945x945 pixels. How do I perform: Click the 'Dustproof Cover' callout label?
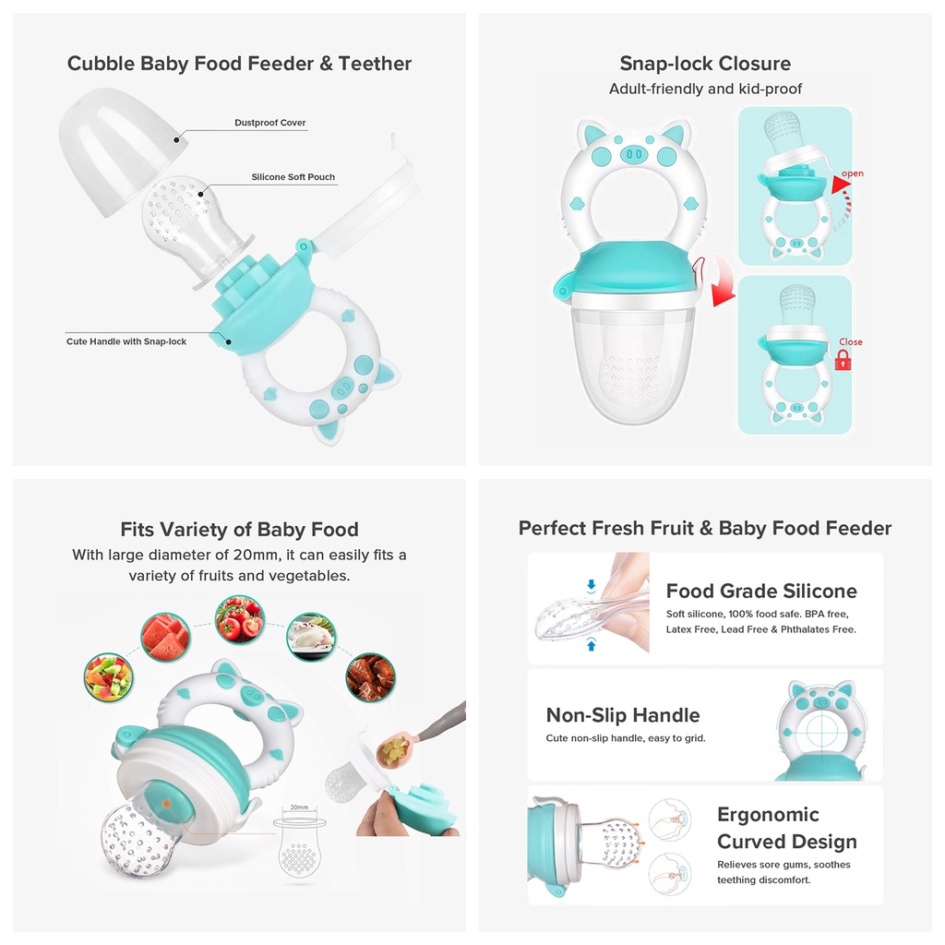pos(270,123)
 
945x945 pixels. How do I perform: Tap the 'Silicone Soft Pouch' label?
pos(293,176)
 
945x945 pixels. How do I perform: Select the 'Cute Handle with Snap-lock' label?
pos(126,341)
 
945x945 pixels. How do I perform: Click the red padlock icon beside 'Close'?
pos(843,361)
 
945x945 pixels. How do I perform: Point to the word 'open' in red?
pos(852,173)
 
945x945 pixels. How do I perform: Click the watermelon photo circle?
pos(165,637)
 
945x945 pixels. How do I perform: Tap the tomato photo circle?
pos(240,619)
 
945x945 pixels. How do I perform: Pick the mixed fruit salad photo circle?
pos(109,677)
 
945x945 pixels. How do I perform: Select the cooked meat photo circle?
pos(371,676)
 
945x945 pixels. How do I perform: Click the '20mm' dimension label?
pos(299,807)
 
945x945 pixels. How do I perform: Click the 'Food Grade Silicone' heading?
pos(761,591)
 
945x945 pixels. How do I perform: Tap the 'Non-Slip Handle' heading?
pos(623,715)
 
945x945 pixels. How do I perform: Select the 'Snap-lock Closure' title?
pos(705,64)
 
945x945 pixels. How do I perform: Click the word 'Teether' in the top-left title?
pos(375,64)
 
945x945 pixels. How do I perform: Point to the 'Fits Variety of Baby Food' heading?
pos(239,529)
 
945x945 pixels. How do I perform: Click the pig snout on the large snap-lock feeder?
pos(634,154)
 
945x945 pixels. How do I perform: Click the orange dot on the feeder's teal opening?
pos(166,804)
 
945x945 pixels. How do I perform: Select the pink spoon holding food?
pos(394,749)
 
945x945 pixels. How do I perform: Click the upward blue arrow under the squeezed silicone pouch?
pos(592,645)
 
